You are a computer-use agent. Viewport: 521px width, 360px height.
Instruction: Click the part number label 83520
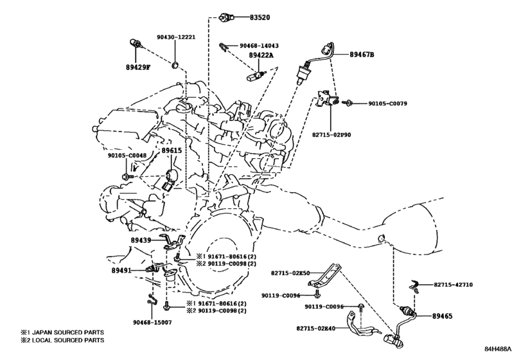260,17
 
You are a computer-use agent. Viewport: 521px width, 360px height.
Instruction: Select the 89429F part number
138,67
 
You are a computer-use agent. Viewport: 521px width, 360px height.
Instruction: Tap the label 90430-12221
176,37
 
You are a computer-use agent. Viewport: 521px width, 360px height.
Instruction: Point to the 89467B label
362,54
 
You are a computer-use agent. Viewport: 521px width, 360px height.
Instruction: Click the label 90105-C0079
387,104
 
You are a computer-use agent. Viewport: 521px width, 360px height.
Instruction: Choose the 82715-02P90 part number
331,135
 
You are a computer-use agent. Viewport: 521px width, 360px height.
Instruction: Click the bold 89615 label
172,150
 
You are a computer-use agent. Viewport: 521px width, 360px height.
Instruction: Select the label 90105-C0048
127,155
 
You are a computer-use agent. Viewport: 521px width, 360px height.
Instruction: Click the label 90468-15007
152,323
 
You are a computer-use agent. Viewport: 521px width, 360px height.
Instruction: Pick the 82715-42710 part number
453,285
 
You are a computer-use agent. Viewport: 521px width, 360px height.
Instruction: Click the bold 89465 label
442,316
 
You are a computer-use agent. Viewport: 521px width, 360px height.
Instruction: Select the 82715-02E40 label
316,328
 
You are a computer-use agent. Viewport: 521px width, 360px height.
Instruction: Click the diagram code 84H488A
497,349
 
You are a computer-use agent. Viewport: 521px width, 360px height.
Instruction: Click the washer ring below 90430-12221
175,64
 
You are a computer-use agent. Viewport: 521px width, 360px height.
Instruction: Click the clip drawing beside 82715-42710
414,286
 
